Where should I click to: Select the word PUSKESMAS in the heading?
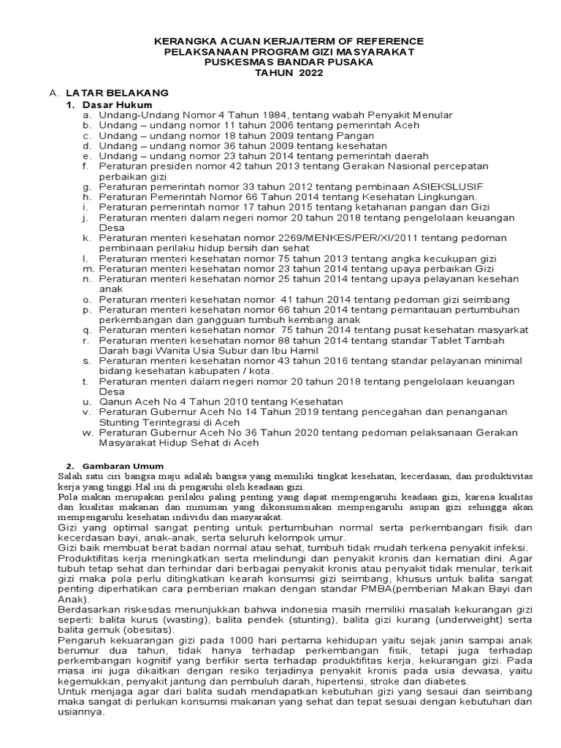(234, 63)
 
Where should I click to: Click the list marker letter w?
(85, 432)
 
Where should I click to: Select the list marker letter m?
(86, 268)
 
